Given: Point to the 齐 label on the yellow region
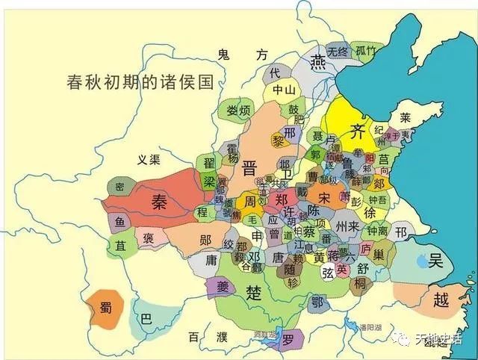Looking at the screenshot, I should point(358,131).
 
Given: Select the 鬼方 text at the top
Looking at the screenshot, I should point(242,55).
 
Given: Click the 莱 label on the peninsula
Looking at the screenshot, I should point(406,118).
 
